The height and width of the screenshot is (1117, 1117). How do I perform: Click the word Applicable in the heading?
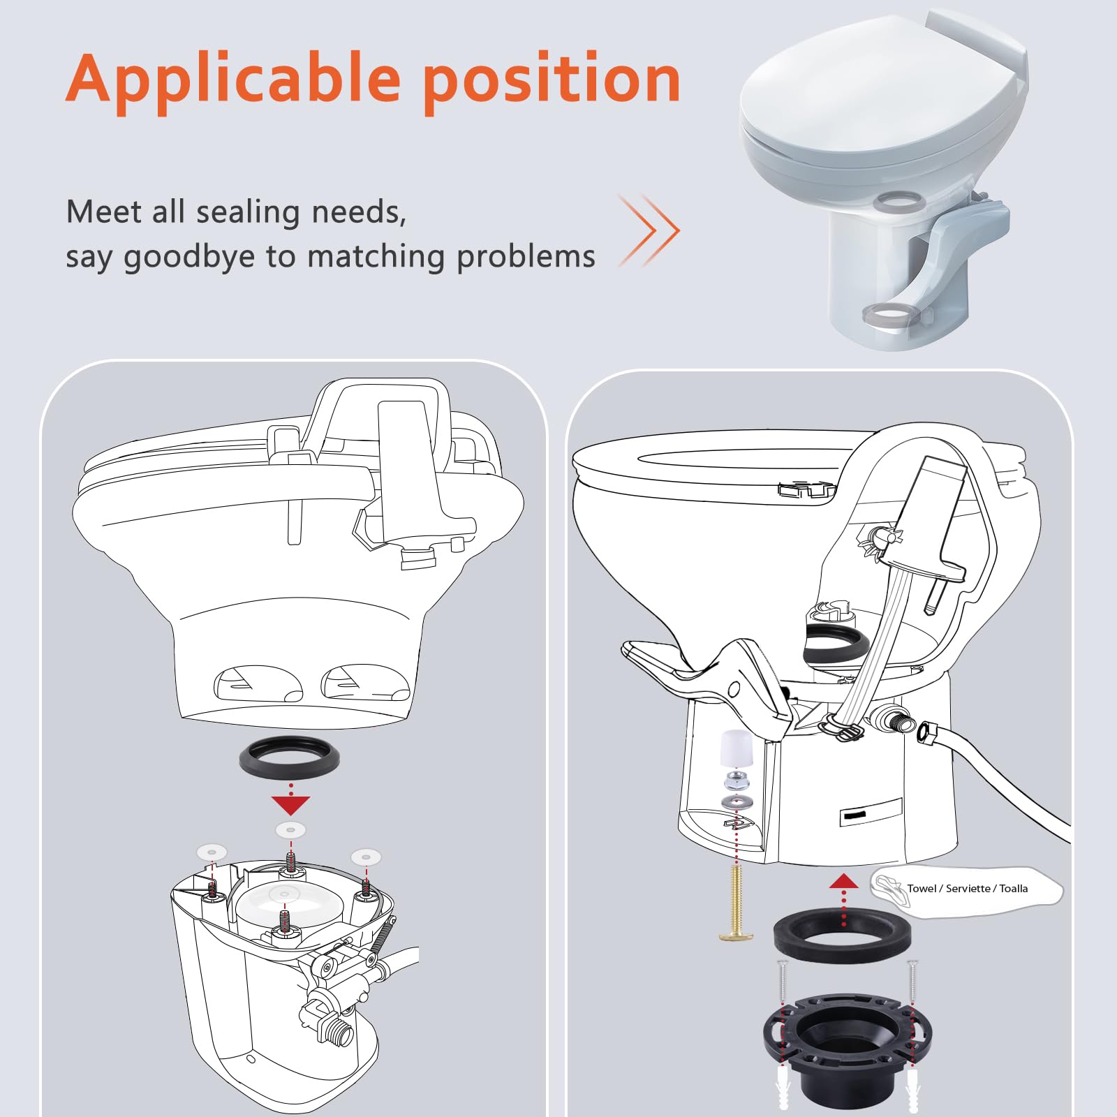pos(234,80)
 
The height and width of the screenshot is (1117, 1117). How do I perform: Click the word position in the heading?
pos(552,80)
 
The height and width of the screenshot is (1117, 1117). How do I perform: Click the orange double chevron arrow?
pos(649,230)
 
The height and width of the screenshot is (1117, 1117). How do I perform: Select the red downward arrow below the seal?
pos(290,805)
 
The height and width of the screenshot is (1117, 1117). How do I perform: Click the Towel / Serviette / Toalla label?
pos(967,889)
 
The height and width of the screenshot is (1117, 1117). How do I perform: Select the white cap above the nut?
pos(735,748)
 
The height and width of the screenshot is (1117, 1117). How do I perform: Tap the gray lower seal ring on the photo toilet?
pos(888,313)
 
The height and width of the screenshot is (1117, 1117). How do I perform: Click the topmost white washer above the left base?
pos(290,830)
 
